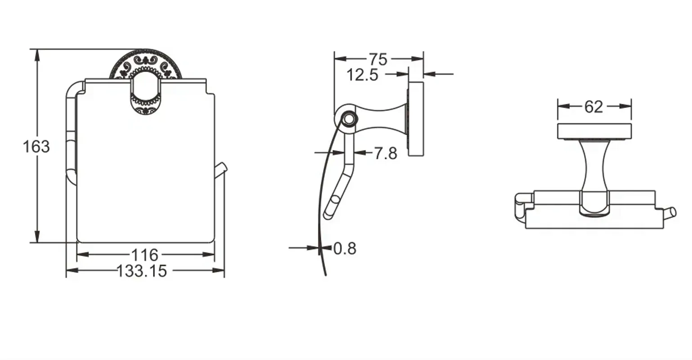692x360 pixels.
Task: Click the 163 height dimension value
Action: [x=36, y=147]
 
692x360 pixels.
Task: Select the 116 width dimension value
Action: [x=145, y=255]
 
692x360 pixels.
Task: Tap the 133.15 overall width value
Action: [x=142, y=271]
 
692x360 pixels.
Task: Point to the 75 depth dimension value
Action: [x=378, y=59]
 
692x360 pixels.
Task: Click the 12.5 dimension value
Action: [x=362, y=75]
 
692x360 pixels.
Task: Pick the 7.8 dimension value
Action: [x=386, y=154]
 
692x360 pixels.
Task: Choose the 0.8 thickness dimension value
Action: [x=345, y=248]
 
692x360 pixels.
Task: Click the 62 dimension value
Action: [x=593, y=107]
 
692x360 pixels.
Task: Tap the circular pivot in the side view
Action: [x=348, y=119]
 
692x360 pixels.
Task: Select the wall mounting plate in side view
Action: [x=416, y=119]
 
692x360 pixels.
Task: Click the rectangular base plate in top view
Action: [x=594, y=131]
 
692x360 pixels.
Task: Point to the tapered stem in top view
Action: [x=594, y=164]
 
